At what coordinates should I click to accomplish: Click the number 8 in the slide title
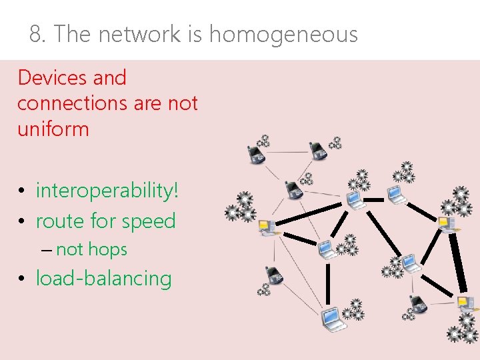tap(35, 34)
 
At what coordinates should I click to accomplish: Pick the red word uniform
tap(53, 129)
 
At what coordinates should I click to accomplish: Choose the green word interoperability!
tap(107, 191)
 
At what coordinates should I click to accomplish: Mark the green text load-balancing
tap(103, 278)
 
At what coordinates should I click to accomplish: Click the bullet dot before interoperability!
tap(22, 191)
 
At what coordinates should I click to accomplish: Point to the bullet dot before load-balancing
tap(22, 279)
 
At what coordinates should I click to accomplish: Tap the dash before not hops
tap(45, 250)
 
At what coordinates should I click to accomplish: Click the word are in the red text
tap(147, 103)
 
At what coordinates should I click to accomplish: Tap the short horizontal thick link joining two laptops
tap(374, 199)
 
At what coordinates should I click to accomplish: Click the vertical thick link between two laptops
tap(327, 283)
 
